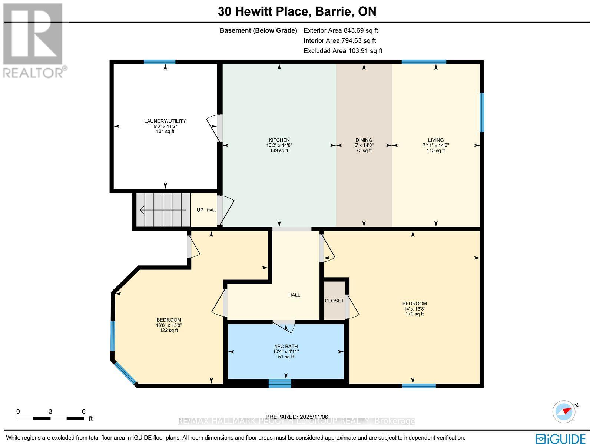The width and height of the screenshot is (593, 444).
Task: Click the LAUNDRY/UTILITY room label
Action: coord(165,121)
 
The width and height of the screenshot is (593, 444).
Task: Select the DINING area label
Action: coord(364,140)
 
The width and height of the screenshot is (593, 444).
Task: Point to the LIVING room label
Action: coord(435,140)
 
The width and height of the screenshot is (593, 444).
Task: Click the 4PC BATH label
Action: coord(286,347)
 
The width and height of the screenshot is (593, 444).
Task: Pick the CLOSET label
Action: coord(334,301)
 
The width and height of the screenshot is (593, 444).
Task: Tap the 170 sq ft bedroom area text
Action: coord(414,314)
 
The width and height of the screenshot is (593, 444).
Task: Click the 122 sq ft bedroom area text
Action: coord(169,330)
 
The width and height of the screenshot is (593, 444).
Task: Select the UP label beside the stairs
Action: coord(200,210)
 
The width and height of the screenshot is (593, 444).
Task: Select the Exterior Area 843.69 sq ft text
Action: coord(340,31)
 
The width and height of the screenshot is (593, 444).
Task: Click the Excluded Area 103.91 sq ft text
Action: coord(342,51)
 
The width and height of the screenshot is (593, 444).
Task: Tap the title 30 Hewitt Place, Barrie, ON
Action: coord(297,11)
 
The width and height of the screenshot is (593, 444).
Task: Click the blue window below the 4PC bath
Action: coord(280,384)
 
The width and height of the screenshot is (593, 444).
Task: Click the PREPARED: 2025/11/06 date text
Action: coord(297,417)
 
